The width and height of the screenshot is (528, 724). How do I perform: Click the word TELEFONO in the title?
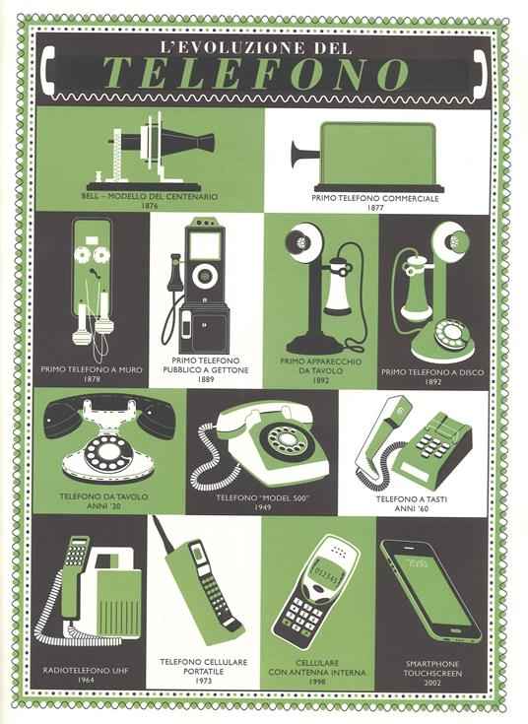click(255, 74)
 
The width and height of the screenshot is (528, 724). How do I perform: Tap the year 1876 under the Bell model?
click(149, 206)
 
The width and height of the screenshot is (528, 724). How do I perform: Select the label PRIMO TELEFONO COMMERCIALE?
click(375, 198)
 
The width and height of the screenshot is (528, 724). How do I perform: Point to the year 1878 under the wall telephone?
click(92, 379)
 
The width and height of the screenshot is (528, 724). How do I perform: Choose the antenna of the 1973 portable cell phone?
click(164, 533)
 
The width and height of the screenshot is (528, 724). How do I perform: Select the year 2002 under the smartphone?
click(431, 683)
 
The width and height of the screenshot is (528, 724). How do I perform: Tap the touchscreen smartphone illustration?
click(430, 591)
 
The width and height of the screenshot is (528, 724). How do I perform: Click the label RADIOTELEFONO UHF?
click(86, 670)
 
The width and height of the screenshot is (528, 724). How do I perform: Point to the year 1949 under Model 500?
click(262, 507)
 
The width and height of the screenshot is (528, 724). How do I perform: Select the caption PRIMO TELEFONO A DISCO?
click(432, 372)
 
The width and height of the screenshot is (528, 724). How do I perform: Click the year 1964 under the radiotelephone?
click(86, 680)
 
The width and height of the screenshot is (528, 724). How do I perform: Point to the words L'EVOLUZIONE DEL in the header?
click(256, 47)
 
